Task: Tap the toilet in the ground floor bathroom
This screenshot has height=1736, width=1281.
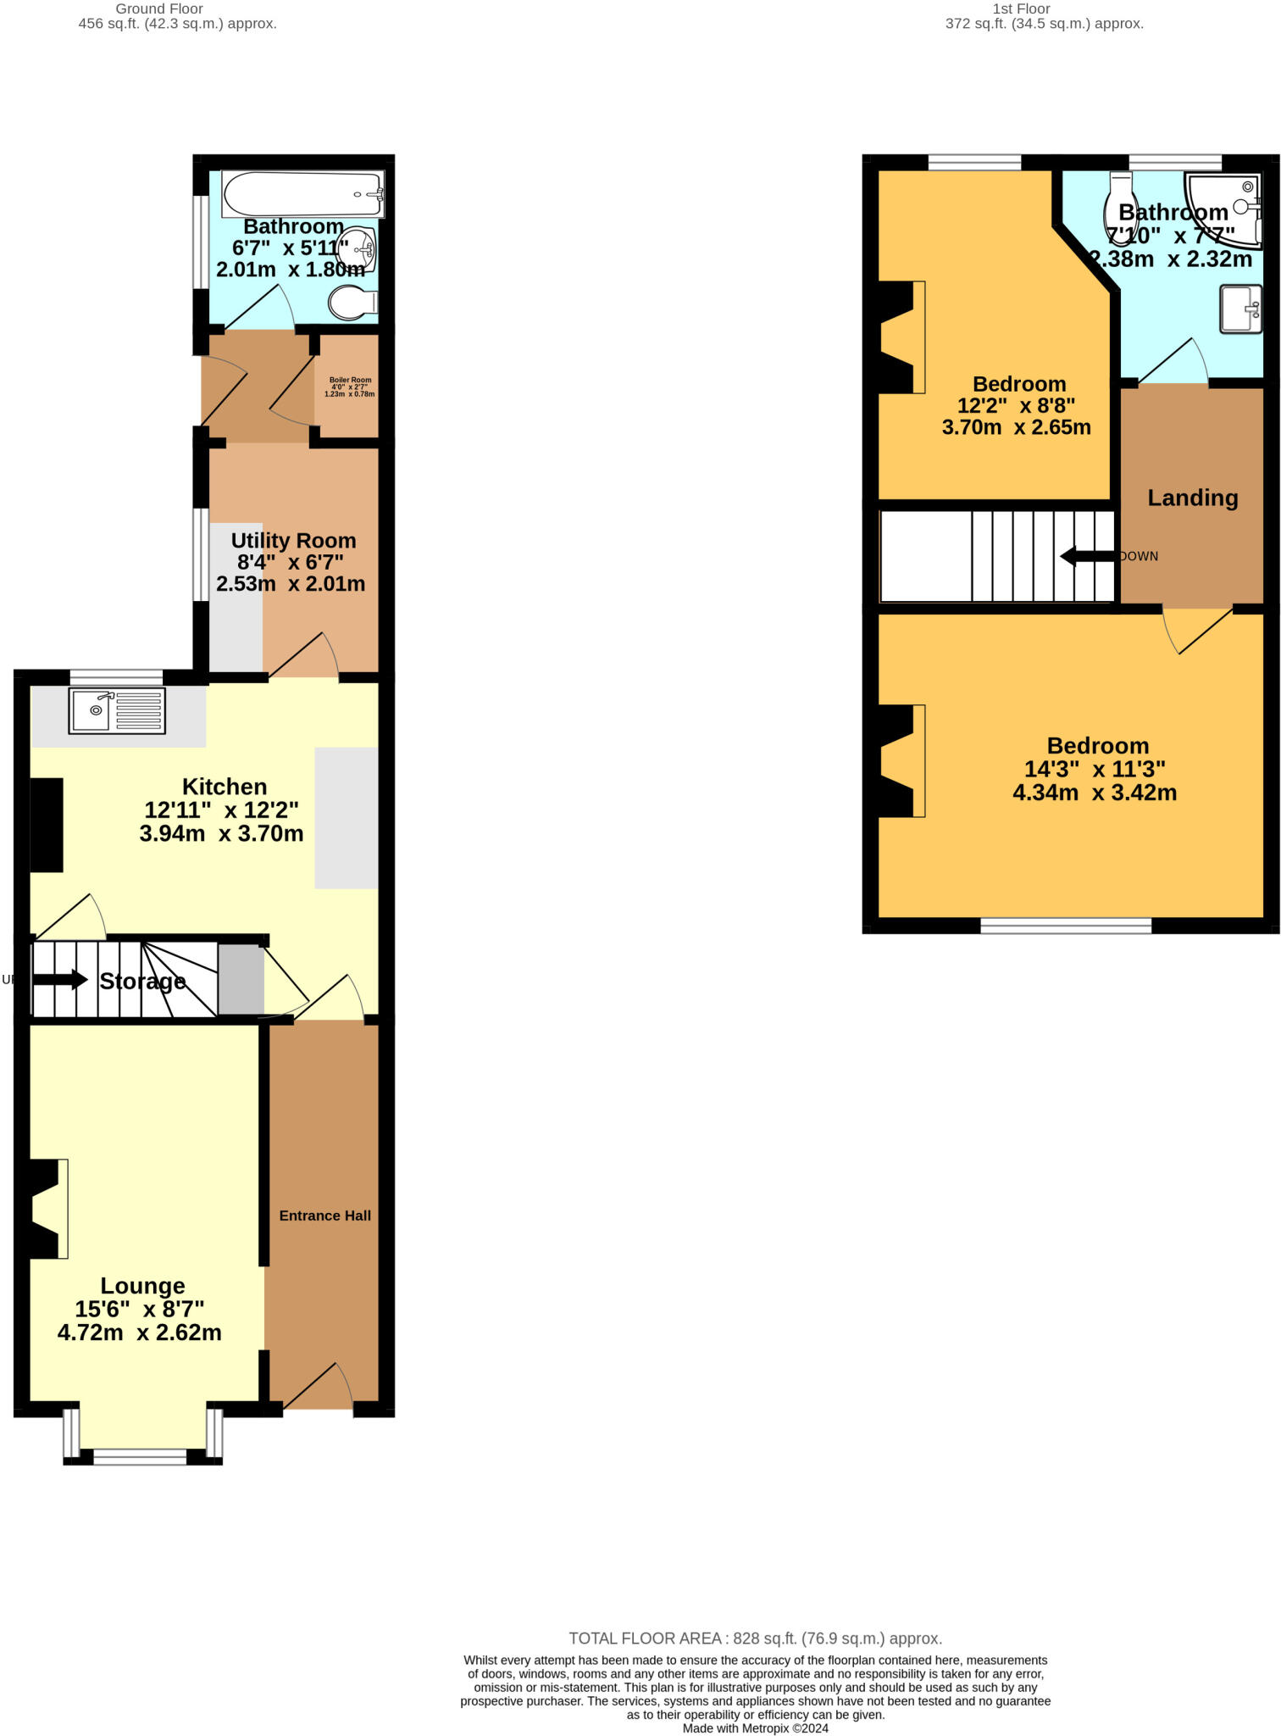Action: [352, 303]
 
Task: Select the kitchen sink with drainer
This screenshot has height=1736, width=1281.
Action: [117, 710]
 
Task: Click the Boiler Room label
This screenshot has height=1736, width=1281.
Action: [350, 387]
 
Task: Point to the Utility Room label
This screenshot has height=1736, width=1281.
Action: [293, 541]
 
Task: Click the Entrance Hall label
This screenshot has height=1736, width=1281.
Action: [325, 1216]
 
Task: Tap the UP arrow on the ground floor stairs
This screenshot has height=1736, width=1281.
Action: [59, 980]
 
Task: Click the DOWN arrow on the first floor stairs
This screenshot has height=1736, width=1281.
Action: [1088, 556]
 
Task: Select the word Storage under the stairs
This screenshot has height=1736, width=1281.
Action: [142, 982]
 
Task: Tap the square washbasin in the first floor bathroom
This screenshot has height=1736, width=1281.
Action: [1240, 309]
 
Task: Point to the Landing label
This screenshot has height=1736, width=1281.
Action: [1192, 498]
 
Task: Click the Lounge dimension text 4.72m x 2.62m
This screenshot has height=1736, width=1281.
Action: [140, 1333]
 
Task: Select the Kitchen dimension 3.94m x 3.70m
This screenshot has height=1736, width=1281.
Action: [221, 833]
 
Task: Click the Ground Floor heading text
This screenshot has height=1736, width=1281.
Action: [159, 8]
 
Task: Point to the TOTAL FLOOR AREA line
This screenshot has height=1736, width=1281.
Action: [755, 1639]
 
